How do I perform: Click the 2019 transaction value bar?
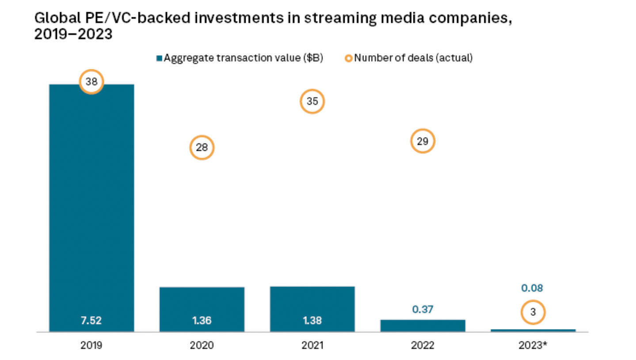(91, 208)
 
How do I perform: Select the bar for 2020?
(202, 309)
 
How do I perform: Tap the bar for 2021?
(312, 309)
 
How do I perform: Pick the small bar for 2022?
(423, 326)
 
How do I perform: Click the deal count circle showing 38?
(91, 82)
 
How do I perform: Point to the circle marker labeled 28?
(202, 148)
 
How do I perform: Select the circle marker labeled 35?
(312, 102)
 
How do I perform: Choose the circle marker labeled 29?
(423, 141)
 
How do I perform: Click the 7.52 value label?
(91, 321)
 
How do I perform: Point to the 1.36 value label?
(202, 321)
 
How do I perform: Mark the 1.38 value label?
(312, 321)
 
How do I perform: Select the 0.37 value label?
(423, 309)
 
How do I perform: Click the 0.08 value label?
(532, 288)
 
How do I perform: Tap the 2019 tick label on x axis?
(91, 345)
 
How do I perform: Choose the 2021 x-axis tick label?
(312, 345)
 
